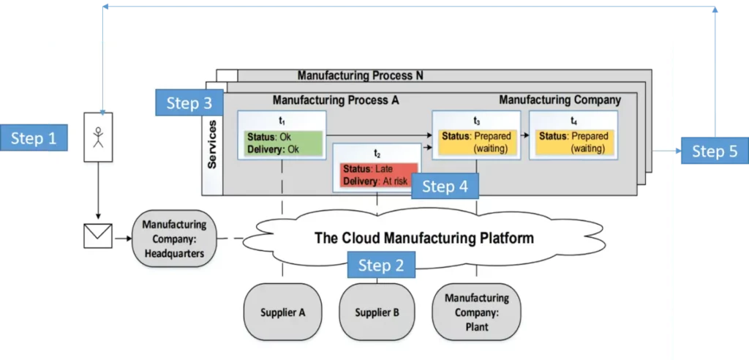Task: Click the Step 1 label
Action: pyautogui.click(x=34, y=138)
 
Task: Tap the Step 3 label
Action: pyautogui.click(x=189, y=103)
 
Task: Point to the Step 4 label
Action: pyautogui.click(x=445, y=187)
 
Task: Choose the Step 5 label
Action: pyautogui.click(x=715, y=151)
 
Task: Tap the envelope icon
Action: pyautogui.click(x=97, y=236)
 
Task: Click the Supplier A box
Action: pyautogui.click(x=282, y=312)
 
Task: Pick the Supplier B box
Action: pyautogui.click(x=377, y=312)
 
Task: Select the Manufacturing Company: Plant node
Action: pyautogui.click(x=476, y=312)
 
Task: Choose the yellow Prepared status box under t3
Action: pyautogui.click(x=476, y=143)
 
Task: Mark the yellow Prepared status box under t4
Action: pyautogui.click(x=573, y=143)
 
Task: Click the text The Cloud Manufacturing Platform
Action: pyautogui.click(x=424, y=238)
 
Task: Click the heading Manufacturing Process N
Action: pyautogui.click(x=360, y=75)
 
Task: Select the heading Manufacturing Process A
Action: pyautogui.click(x=335, y=100)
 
